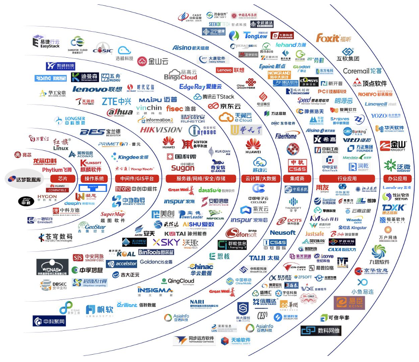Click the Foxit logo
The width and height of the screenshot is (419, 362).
pos(334,38)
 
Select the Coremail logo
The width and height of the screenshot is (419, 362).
pos(362,71)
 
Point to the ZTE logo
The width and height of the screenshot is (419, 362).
pos(116,101)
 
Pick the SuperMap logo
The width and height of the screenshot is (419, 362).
pos(113,216)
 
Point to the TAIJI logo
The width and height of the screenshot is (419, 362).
pos(264,258)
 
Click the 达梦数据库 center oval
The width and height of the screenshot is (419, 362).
pos(24,179)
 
